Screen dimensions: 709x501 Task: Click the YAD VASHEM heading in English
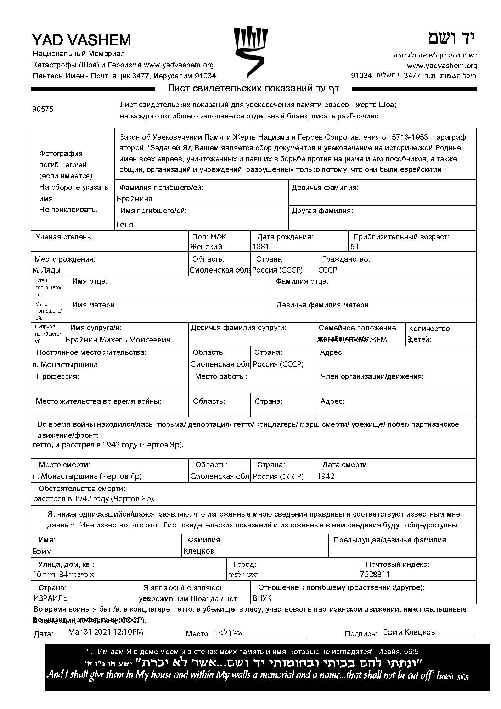pyautogui.click(x=81, y=40)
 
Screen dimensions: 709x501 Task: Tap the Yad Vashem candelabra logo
pyautogui.click(x=251, y=51)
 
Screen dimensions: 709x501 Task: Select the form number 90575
pyautogui.click(x=43, y=109)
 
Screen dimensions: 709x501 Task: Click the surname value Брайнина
pyautogui.click(x=135, y=199)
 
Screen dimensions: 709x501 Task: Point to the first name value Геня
pyautogui.click(x=125, y=224)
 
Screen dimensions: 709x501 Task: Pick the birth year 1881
pyautogui.click(x=261, y=246)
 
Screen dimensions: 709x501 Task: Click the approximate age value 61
pyautogui.click(x=354, y=246)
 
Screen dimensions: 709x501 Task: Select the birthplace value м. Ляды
pyautogui.click(x=46, y=270)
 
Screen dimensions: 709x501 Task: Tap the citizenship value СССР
pyautogui.click(x=328, y=270)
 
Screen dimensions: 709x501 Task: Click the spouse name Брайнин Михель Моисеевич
pyautogui.click(x=118, y=340)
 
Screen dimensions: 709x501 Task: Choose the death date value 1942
pyautogui.click(x=326, y=476)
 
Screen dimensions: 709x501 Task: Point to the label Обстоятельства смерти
pyautogui.click(x=81, y=489)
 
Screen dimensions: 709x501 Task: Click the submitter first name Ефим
pyautogui.click(x=42, y=551)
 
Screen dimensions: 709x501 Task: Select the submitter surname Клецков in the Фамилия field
pyautogui.click(x=199, y=551)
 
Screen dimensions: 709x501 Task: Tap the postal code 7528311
pyautogui.click(x=375, y=574)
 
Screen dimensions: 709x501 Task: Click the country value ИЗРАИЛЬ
pyautogui.click(x=51, y=598)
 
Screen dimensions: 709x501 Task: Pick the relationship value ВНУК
pyautogui.click(x=262, y=598)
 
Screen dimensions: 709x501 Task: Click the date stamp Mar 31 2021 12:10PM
pyautogui.click(x=106, y=632)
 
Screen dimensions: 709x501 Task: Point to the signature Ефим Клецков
pyautogui.click(x=409, y=632)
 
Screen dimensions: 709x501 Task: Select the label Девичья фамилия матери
pyautogui.click(x=323, y=305)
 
